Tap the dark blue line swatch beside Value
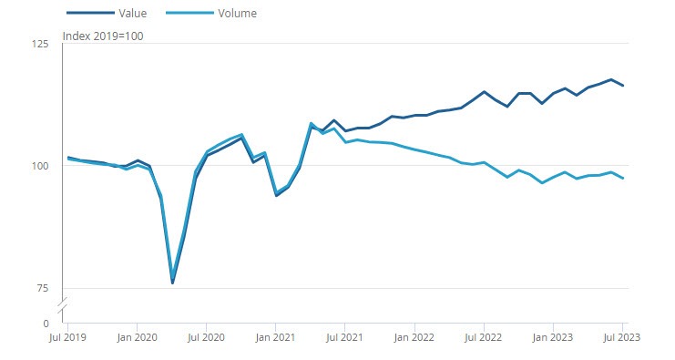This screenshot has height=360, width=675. click(x=89, y=14)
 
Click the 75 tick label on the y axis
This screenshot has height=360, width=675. click(x=43, y=288)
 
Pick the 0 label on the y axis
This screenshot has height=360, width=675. click(x=46, y=324)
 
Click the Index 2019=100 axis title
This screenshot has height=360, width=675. click(x=102, y=36)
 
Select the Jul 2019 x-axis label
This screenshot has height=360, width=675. click(x=68, y=336)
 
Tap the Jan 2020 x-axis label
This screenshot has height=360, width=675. click(x=137, y=336)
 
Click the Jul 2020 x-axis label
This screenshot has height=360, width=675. click(x=207, y=336)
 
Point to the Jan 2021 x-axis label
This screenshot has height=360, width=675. click(x=275, y=336)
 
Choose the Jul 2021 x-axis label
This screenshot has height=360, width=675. click(x=345, y=336)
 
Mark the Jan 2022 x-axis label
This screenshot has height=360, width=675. click(x=414, y=336)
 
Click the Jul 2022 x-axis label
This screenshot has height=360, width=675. click(x=484, y=336)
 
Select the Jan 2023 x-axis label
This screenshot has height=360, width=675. click(x=553, y=336)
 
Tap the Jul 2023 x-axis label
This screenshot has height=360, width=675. click(x=622, y=336)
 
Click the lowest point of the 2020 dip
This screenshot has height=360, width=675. click(x=172, y=282)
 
